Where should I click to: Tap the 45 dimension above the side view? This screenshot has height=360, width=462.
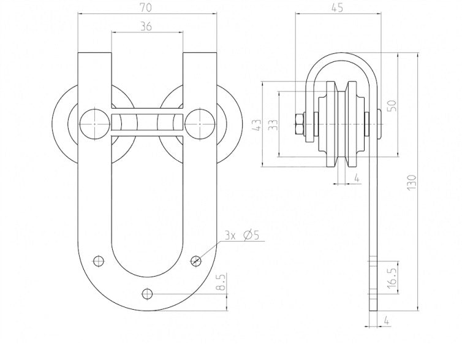click(x=337, y=9)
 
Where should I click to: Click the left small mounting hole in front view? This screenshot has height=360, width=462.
click(x=97, y=259)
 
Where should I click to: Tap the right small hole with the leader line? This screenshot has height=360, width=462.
click(x=196, y=259)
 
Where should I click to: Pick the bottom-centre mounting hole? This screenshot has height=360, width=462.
click(x=146, y=293)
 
